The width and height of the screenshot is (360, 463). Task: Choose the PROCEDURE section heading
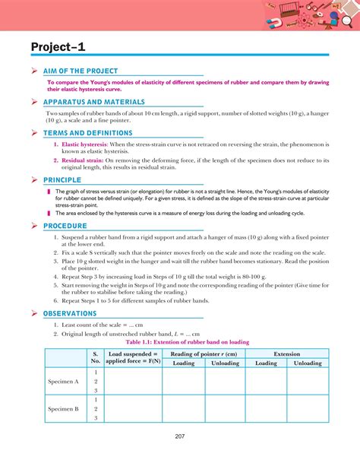65,226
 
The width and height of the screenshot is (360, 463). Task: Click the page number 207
179,436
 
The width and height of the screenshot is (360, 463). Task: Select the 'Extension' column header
287,354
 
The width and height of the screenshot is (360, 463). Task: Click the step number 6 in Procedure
56,301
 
